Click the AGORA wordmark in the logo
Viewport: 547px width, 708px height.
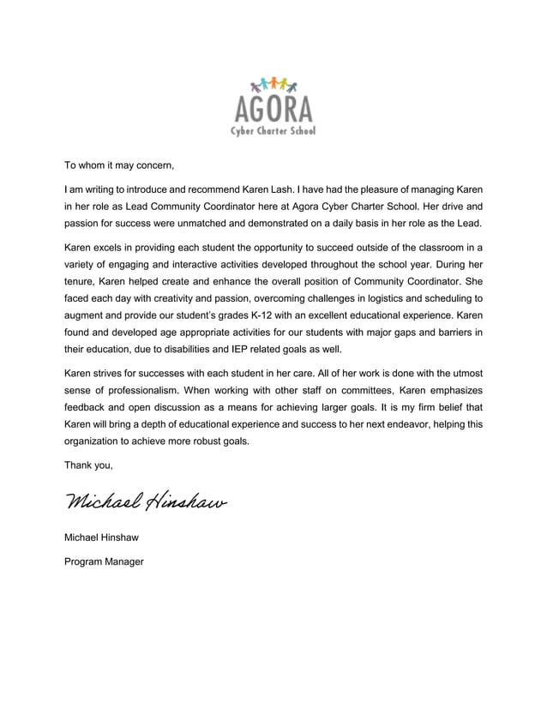point(273,109)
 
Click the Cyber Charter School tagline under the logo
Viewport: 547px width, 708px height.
point(273,131)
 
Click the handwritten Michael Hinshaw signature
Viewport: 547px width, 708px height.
point(145,500)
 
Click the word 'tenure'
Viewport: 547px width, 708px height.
point(83,282)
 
